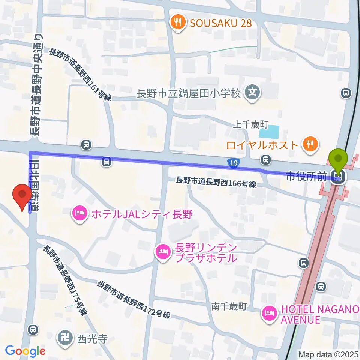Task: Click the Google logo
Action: tap(25, 351)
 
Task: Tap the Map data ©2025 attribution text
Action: tap(328, 354)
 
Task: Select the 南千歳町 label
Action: tap(229, 306)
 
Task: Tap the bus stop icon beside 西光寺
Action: tap(33, 329)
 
